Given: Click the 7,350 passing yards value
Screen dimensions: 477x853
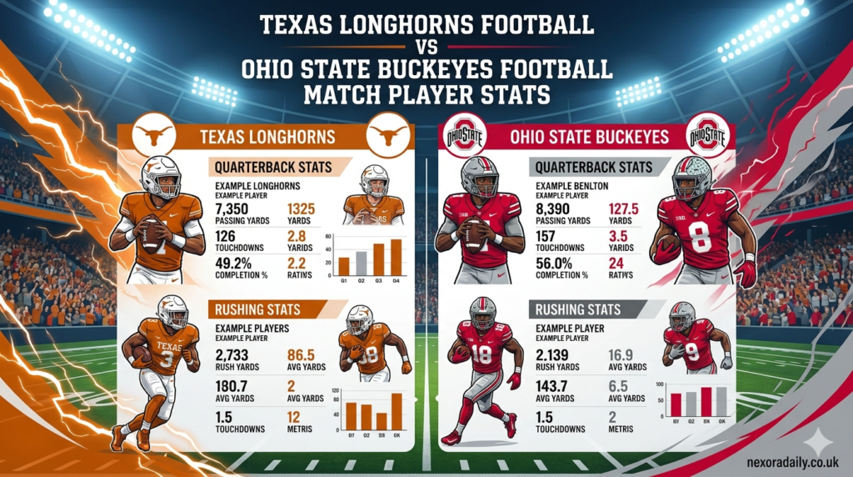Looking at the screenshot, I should click(x=234, y=208).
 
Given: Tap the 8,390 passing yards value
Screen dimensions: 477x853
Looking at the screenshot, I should click(x=555, y=208).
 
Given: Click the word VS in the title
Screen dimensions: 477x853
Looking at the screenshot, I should click(x=426, y=48).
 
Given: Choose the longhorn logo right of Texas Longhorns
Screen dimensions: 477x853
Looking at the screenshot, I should click(x=389, y=135).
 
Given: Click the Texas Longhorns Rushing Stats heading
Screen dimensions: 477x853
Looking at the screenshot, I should click(x=258, y=309).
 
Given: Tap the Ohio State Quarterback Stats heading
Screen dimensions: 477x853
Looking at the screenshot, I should click(x=584, y=167).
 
